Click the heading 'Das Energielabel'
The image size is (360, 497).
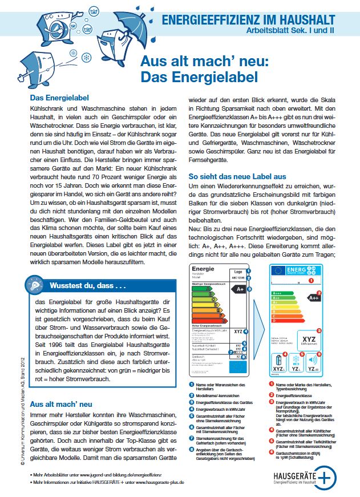59,98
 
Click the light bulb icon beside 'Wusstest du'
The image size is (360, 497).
35,284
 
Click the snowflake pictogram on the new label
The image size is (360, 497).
296,359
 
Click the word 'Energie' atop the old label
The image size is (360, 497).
204,269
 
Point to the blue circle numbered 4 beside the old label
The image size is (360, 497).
245,331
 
